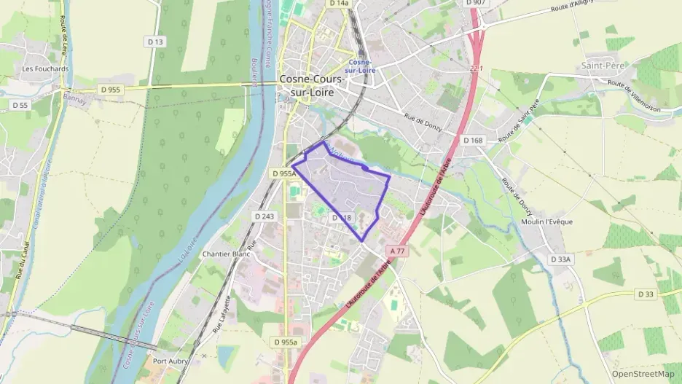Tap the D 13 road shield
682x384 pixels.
pyautogui.click(x=154, y=42)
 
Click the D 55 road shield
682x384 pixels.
pyautogui.click(x=20, y=105)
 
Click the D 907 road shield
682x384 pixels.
pyautogui.click(x=475, y=3)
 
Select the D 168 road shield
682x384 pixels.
pyautogui.click(x=473, y=140)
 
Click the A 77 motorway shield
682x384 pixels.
pyautogui.click(x=397, y=250)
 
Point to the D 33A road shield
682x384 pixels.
pyautogui.click(x=560, y=259)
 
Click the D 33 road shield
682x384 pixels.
pyautogui.click(x=646, y=294)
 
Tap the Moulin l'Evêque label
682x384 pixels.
pyautogui.click(x=546, y=222)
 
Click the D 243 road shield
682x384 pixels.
pyautogui.click(x=264, y=216)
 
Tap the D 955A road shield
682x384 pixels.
pyautogui.click(x=283, y=173)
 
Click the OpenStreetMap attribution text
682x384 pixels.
pyautogui.click(x=643, y=374)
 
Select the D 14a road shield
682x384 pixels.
pyautogui.click(x=339, y=3)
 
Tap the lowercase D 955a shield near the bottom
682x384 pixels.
pyautogui.click(x=286, y=342)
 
